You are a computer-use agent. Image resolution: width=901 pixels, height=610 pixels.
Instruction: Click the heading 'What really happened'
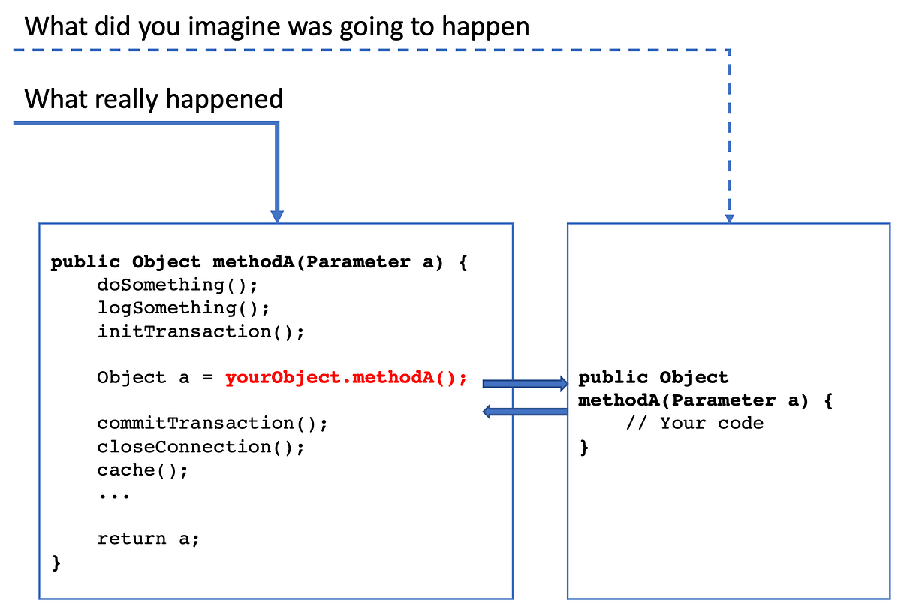coord(154,99)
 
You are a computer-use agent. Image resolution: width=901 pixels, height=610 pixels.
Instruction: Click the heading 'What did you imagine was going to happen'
coord(277,26)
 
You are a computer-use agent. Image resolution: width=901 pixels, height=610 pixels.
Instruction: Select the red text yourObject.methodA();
coord(346,378)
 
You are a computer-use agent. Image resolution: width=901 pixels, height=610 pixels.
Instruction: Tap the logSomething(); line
coord(183,308)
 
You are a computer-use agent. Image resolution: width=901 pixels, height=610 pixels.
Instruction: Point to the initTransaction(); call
coord(200,331)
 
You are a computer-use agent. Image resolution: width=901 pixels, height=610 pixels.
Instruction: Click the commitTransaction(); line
coord(212,424)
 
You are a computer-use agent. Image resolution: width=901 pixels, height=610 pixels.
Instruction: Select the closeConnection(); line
coord(200,447)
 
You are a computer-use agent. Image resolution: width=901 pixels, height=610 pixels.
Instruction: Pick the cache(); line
coord(143,470)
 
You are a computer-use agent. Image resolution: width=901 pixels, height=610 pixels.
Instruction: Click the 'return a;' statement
coord(149,539)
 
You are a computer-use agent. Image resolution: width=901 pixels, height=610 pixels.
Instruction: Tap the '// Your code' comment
coord(695,424)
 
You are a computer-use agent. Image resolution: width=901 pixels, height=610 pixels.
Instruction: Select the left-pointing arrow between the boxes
coord(525,411)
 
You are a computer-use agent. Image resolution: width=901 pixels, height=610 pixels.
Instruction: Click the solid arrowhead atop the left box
coord(277,216)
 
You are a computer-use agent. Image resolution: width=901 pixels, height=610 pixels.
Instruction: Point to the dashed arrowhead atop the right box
coord(729,218)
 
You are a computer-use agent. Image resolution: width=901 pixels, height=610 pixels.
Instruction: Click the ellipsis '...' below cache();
coord(114,494)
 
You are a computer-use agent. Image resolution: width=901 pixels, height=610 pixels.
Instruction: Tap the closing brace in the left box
coord(56,563)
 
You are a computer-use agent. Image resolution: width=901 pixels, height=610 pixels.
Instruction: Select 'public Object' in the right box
coord(653,378)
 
